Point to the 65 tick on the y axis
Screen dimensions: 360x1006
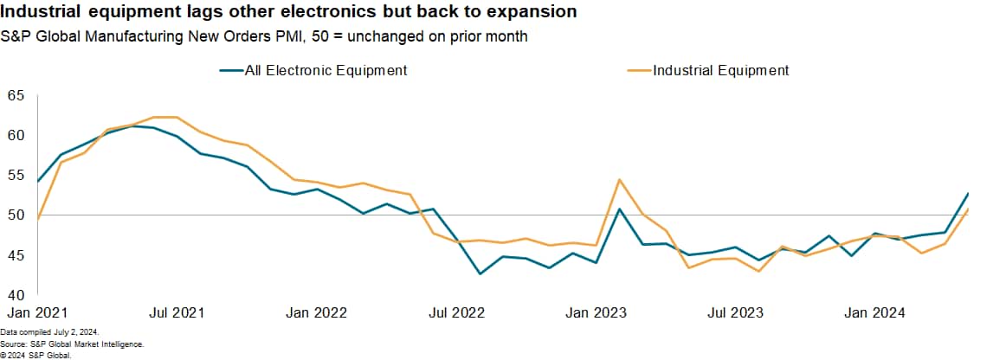coord(16,94)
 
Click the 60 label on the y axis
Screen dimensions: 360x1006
coord(16,135)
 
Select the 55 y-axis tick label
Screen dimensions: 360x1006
coord(16,175)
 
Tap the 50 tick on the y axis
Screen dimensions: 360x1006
coord(16,215)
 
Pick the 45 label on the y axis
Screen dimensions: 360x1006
coord(16,255)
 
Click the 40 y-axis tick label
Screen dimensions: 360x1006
coord(16,295)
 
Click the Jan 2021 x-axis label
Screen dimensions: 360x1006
coord(37,312)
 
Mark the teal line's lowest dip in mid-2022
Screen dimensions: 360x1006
coord(480,273)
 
